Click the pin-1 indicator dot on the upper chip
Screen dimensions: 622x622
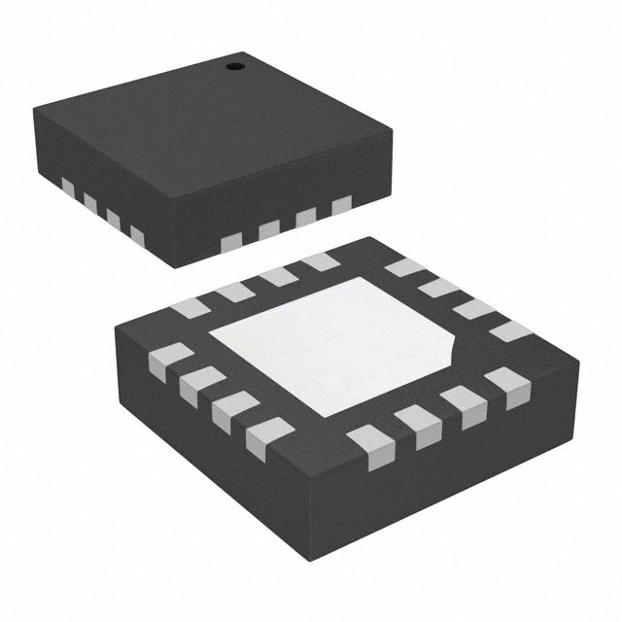point(233,66)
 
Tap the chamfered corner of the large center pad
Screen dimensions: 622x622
point(455,341)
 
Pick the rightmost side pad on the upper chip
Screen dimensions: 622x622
point(341,205)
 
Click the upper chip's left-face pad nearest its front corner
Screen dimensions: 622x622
point(136,235)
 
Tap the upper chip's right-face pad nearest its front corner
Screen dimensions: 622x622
point(233,239)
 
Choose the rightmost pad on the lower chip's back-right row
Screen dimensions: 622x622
point(510,330)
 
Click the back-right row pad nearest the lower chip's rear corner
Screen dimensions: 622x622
point(400,267)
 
